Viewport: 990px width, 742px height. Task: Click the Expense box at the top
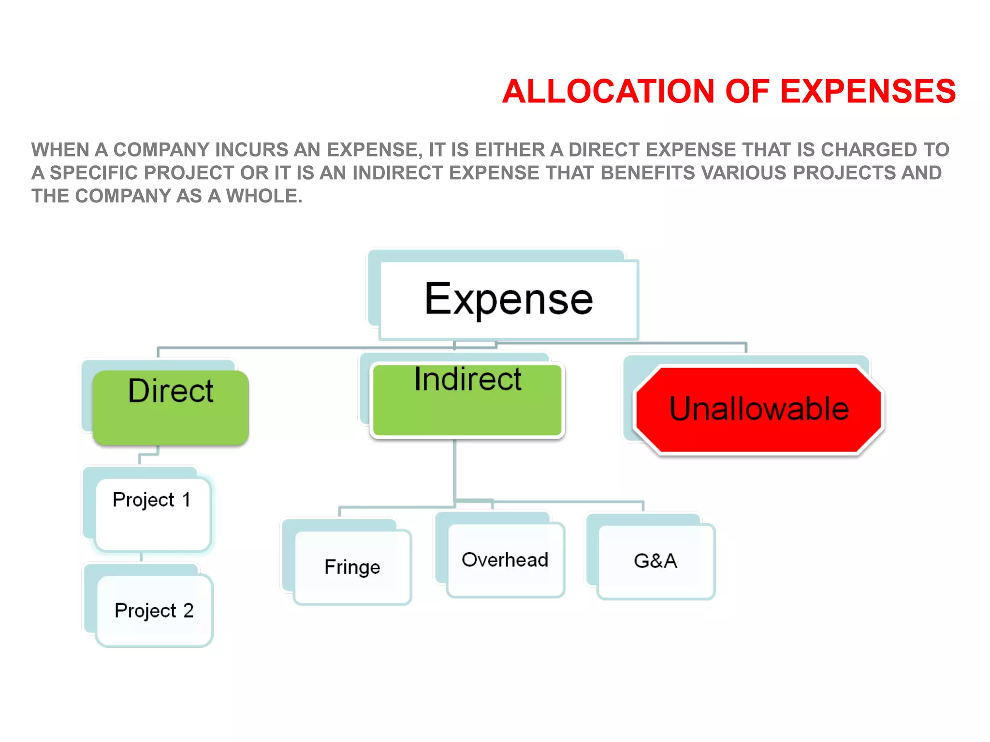(x=509, y=300)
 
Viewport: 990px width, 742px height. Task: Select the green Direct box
(x=171, y=407)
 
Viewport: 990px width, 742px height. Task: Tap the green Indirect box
(x=467, y=400)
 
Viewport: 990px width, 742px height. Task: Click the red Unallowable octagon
(x=759, y=410)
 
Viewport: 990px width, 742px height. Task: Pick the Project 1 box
(x=153, y=514)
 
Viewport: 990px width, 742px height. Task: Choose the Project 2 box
(x=154, y=611)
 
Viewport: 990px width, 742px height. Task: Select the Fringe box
(x=352, y=567)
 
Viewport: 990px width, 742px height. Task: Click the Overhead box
(x=505, y=560)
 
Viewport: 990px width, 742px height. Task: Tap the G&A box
(x=655, y=561)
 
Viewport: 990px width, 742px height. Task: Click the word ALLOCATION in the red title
(x=608, y=91)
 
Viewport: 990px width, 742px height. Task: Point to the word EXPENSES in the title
(x=868, y=91)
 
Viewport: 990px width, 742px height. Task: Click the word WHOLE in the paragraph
(x=264, y=196)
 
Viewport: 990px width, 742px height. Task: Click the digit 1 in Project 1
(x=186, y=499)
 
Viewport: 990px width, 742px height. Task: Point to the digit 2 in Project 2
(x=188, y=611)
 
